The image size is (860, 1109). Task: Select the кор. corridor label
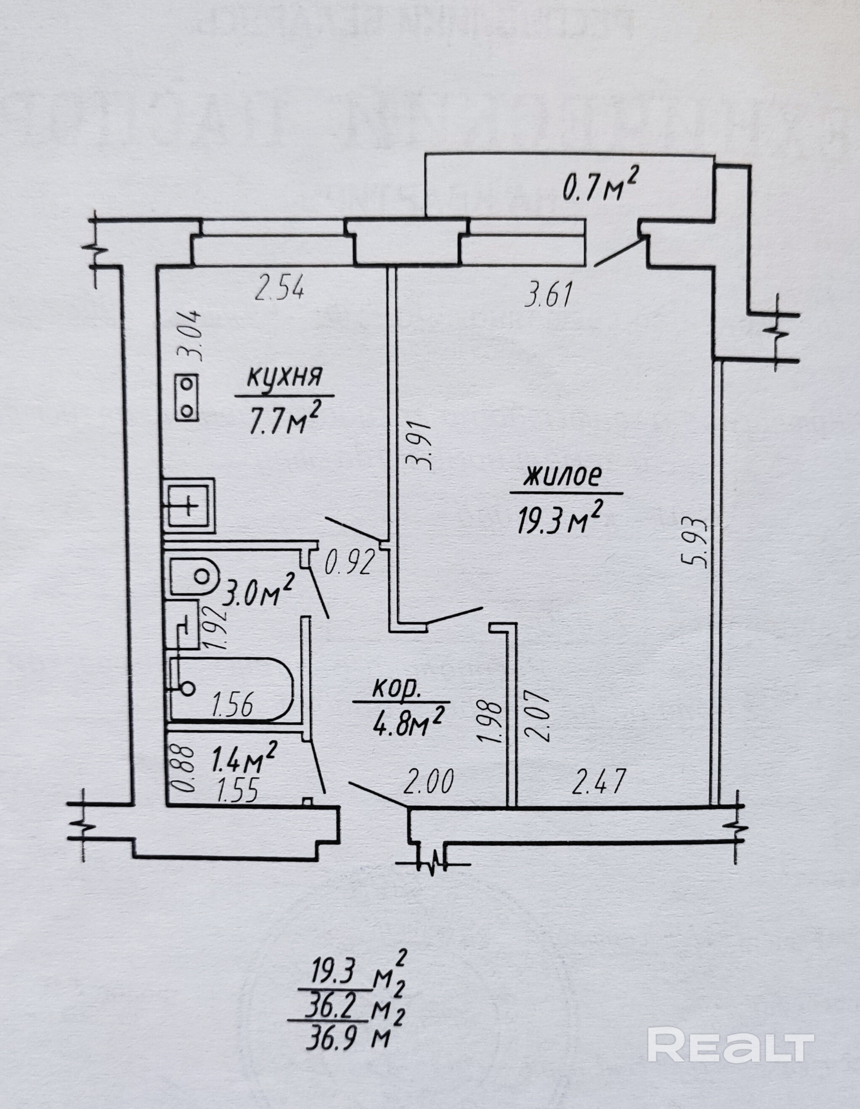[x=397, y=688]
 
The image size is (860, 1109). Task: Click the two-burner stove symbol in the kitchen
[x=186, y=397]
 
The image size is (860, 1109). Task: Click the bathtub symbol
[x=231, y=688]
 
